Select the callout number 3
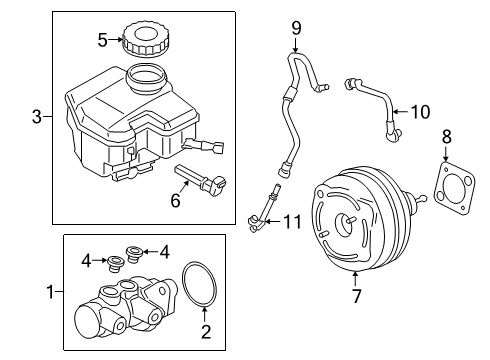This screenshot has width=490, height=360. pyautogui.click(x=38, y=118)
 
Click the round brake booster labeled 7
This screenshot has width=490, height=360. pyautogui.click(x=358, y=225)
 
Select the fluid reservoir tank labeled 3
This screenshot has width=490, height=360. pyautogui.click(x=120, y=125)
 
